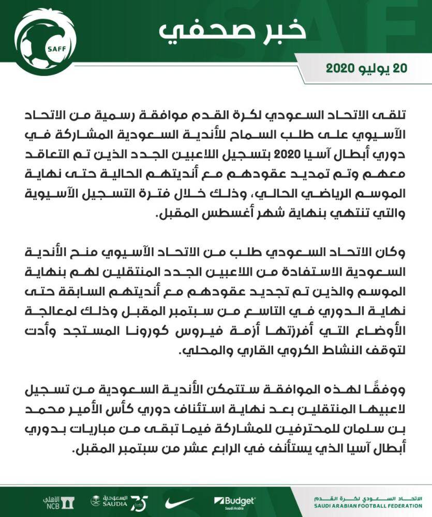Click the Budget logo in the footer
tap(235, 501)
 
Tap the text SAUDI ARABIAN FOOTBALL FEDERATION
tap(368, 506)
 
